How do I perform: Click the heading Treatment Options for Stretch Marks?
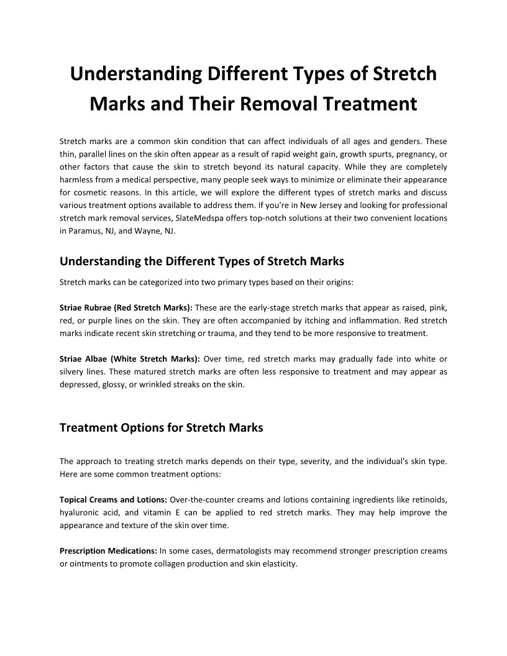pos(161,427)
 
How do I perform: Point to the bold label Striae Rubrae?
pos(86,307)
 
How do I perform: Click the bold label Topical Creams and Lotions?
pos(113,499)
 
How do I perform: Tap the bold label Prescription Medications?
pos(108,550)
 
